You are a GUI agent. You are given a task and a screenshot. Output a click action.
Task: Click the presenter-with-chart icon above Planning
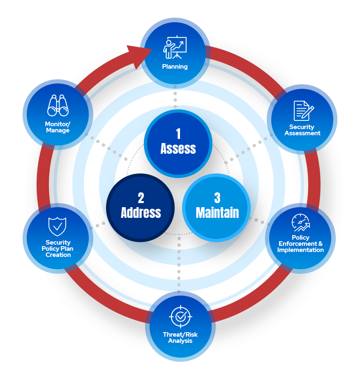point(175,48)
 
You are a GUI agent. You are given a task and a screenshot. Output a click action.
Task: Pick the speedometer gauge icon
point(301,223)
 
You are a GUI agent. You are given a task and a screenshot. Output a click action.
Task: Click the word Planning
point(175,67)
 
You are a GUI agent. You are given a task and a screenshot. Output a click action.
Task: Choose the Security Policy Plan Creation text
point(58,248)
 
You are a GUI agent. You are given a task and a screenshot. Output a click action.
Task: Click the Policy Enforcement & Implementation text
point(300,243)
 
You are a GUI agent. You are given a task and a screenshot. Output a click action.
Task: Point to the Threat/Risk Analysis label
point(180,337)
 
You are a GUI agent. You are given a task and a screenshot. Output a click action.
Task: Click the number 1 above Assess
point(178,134)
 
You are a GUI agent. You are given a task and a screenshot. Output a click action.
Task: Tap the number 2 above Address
point(141,198)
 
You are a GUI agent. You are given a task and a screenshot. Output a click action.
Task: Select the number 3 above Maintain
point(217,198)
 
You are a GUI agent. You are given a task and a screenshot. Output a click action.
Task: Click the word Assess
point(178,148)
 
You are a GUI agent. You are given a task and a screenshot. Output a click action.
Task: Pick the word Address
point(141,213)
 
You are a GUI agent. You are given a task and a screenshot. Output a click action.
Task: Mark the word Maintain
point(217,213)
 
